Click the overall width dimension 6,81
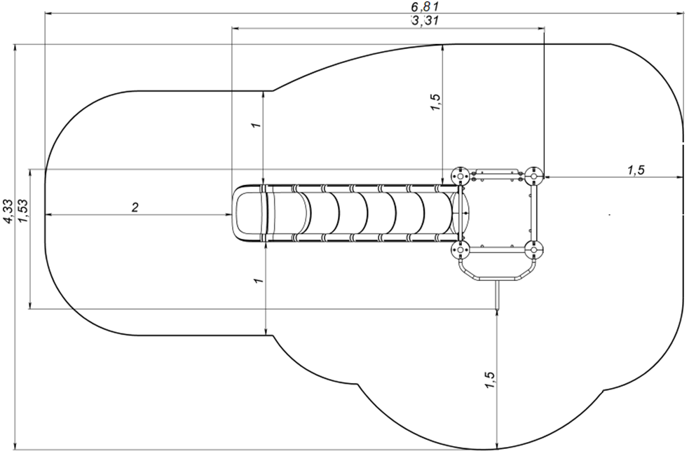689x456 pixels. click(x=425, y=6)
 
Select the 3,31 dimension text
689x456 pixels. click(x=425, y=20)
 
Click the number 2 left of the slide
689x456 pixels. click(x=135, y=207)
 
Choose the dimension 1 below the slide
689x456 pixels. click(x=259, y=280)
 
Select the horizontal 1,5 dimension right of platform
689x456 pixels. click(x=636, y=170)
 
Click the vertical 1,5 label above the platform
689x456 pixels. click(x=435, y=102)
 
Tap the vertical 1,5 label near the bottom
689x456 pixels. click(x=489, y=380)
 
